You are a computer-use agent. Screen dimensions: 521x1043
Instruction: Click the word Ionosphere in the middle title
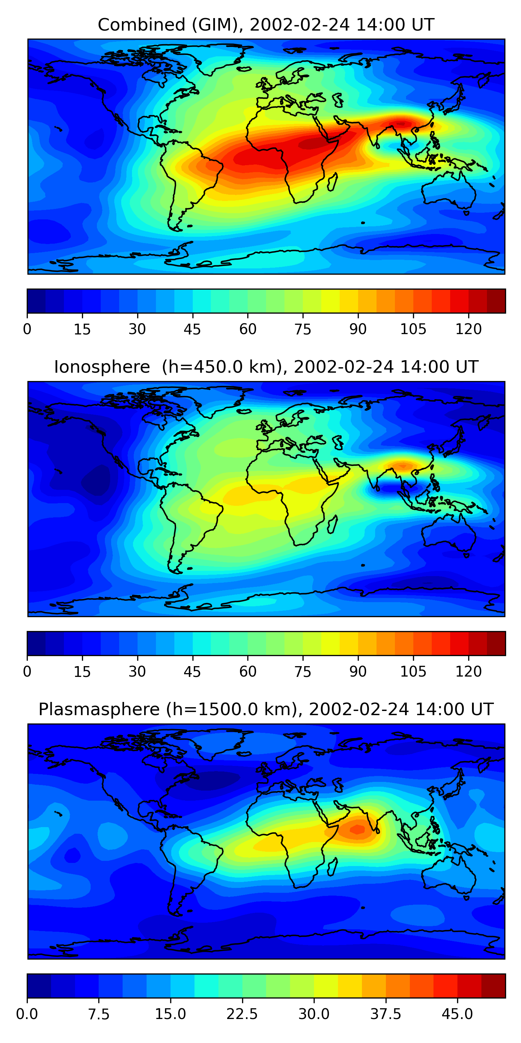(x=102, y=367)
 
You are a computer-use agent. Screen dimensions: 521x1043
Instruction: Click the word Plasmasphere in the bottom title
(x=99, y=709)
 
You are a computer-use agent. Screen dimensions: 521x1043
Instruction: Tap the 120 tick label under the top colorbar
(x=469, y=329)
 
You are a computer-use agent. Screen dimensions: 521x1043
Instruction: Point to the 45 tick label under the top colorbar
(x=192, y=329)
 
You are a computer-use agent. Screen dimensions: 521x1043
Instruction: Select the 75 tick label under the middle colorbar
(x=303, y=671)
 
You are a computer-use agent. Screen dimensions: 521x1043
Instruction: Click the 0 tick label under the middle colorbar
(x=27, y=671)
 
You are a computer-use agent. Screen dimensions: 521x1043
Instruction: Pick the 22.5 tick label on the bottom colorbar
(x=242, y=1014)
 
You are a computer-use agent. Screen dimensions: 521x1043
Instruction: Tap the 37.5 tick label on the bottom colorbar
(x=386, y=1014)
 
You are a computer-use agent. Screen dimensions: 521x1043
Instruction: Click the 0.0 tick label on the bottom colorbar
(x=27, y=1014)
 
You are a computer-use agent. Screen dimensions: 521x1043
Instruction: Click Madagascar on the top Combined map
(x=332, y=182)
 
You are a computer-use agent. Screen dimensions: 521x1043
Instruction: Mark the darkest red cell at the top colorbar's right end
(x=496, y=301)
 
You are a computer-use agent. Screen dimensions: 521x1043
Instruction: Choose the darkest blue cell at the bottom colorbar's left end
(x=39, y=986)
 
